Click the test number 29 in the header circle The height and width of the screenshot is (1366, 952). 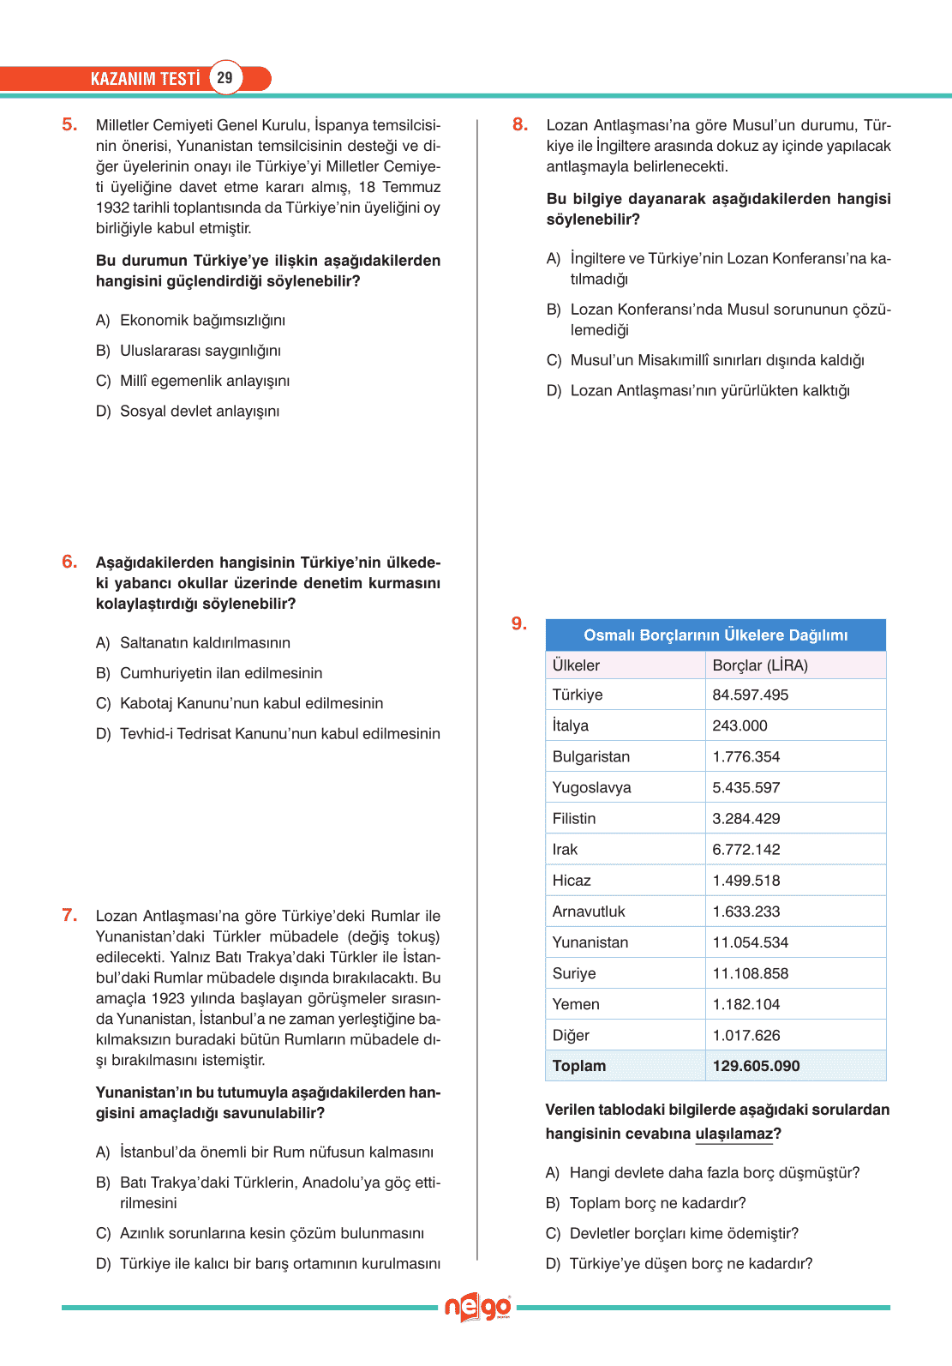pos(225,78)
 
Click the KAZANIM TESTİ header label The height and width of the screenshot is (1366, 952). pos(145,79)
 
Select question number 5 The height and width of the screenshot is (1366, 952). pos(69,124)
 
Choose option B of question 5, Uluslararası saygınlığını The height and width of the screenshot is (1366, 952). pos(200,351)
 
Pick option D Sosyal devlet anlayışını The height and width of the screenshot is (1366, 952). pos(199,412)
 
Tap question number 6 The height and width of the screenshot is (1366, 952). pos(69,562)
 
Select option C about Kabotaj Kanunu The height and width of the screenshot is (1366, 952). pos(251,704)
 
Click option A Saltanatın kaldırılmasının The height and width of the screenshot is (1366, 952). pos(205,643)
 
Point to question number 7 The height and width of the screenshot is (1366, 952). pos(69,915)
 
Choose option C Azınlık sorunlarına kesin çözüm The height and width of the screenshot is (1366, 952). pos(272,1234)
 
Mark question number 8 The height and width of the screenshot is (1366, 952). pos(520,124)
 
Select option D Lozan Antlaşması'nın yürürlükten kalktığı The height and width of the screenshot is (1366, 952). pos(710,391)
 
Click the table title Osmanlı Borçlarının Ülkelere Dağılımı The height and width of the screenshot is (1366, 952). pos(715,635)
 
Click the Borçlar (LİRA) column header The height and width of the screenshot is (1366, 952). pos(760,665)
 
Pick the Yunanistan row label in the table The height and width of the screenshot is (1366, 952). pos(590,942)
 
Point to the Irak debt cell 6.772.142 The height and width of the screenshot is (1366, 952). pos(746,850)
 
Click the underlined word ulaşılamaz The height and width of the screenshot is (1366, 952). pos(734,1134)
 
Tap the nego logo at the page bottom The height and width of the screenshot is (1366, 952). pos(477,1308)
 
